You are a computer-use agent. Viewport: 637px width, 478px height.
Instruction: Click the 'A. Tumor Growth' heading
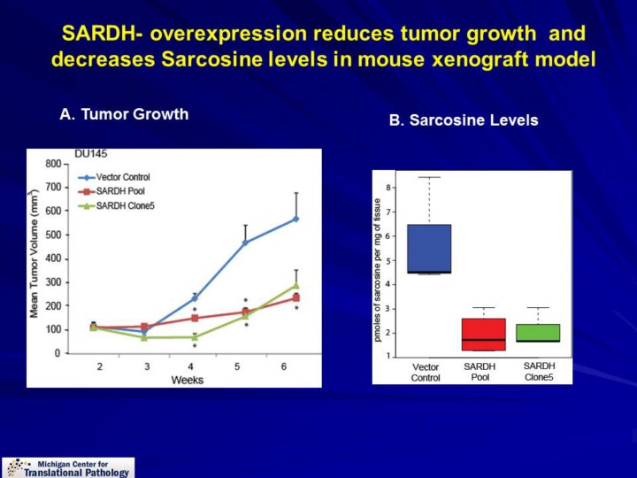point(123,114)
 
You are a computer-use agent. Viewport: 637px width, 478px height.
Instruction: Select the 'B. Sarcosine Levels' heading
point(463,120)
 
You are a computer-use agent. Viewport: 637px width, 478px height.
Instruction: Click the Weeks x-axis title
point(187,380)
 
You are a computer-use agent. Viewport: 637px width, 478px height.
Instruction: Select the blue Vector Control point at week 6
point(296,219)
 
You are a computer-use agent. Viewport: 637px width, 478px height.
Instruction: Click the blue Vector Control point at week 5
point(245,243)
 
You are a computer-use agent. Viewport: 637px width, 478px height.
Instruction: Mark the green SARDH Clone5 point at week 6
point(296,286)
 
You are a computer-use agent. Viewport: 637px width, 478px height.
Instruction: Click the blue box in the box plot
point(428,249)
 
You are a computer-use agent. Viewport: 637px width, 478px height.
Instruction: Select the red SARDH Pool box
point(483,334)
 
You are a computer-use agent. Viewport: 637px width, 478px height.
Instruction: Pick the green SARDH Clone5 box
point(538,333)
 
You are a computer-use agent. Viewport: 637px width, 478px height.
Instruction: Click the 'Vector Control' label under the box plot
point(426,372)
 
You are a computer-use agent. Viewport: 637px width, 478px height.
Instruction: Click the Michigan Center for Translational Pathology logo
point(68,467)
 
